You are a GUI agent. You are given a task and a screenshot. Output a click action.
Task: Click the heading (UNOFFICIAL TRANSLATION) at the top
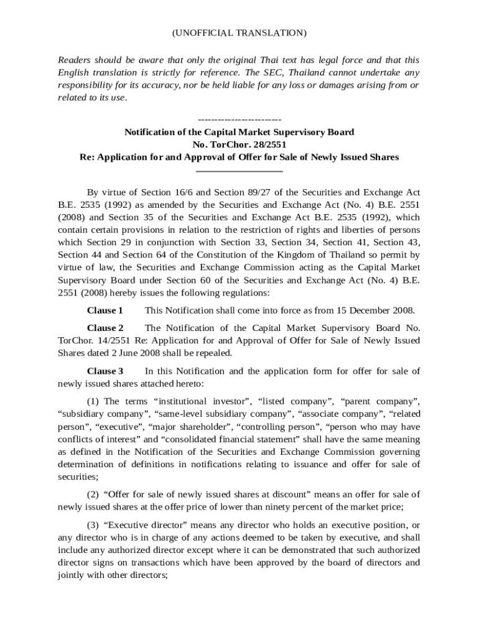[x=239, y=32]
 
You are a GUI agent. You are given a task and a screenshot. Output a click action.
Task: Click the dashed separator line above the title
[x=239, y=119]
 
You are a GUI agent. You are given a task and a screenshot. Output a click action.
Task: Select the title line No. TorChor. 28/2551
[x=239, y=145]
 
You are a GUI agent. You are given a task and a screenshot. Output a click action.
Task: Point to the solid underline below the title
[x=239, y=170]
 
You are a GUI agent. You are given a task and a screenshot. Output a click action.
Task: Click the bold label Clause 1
[x=105, y=310]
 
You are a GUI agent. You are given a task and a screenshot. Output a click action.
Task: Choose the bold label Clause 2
[x=105, y=328]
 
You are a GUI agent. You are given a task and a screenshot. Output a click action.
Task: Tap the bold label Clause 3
[x=105, y=371]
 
